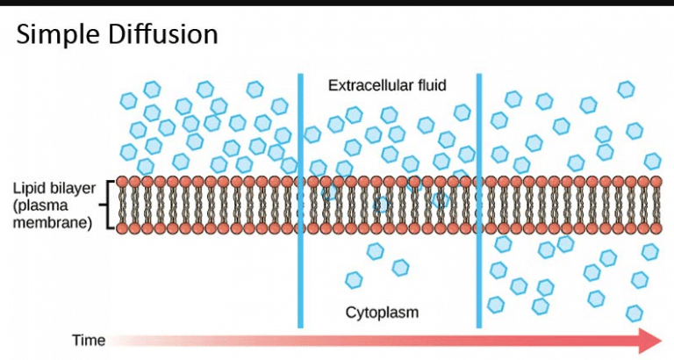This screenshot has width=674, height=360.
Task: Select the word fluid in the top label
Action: [x=429, y=85]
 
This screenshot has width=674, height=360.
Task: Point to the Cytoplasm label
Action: [x=382, y=312]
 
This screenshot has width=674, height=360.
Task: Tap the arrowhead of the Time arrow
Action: [x=649, y=340]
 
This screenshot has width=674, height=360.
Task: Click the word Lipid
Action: [x=29, y=189]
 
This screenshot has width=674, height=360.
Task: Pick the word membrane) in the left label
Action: [x=53, y=223]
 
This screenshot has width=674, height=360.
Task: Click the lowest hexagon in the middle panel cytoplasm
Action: [x=354, y=280]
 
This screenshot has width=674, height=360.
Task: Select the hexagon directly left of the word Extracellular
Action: [x=310, y=87]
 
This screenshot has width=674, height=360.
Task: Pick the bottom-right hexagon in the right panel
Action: [x=635, y=312]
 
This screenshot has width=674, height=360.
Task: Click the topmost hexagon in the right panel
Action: [x=626, y=89]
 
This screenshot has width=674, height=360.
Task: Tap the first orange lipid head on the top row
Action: [x=123, y=182]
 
